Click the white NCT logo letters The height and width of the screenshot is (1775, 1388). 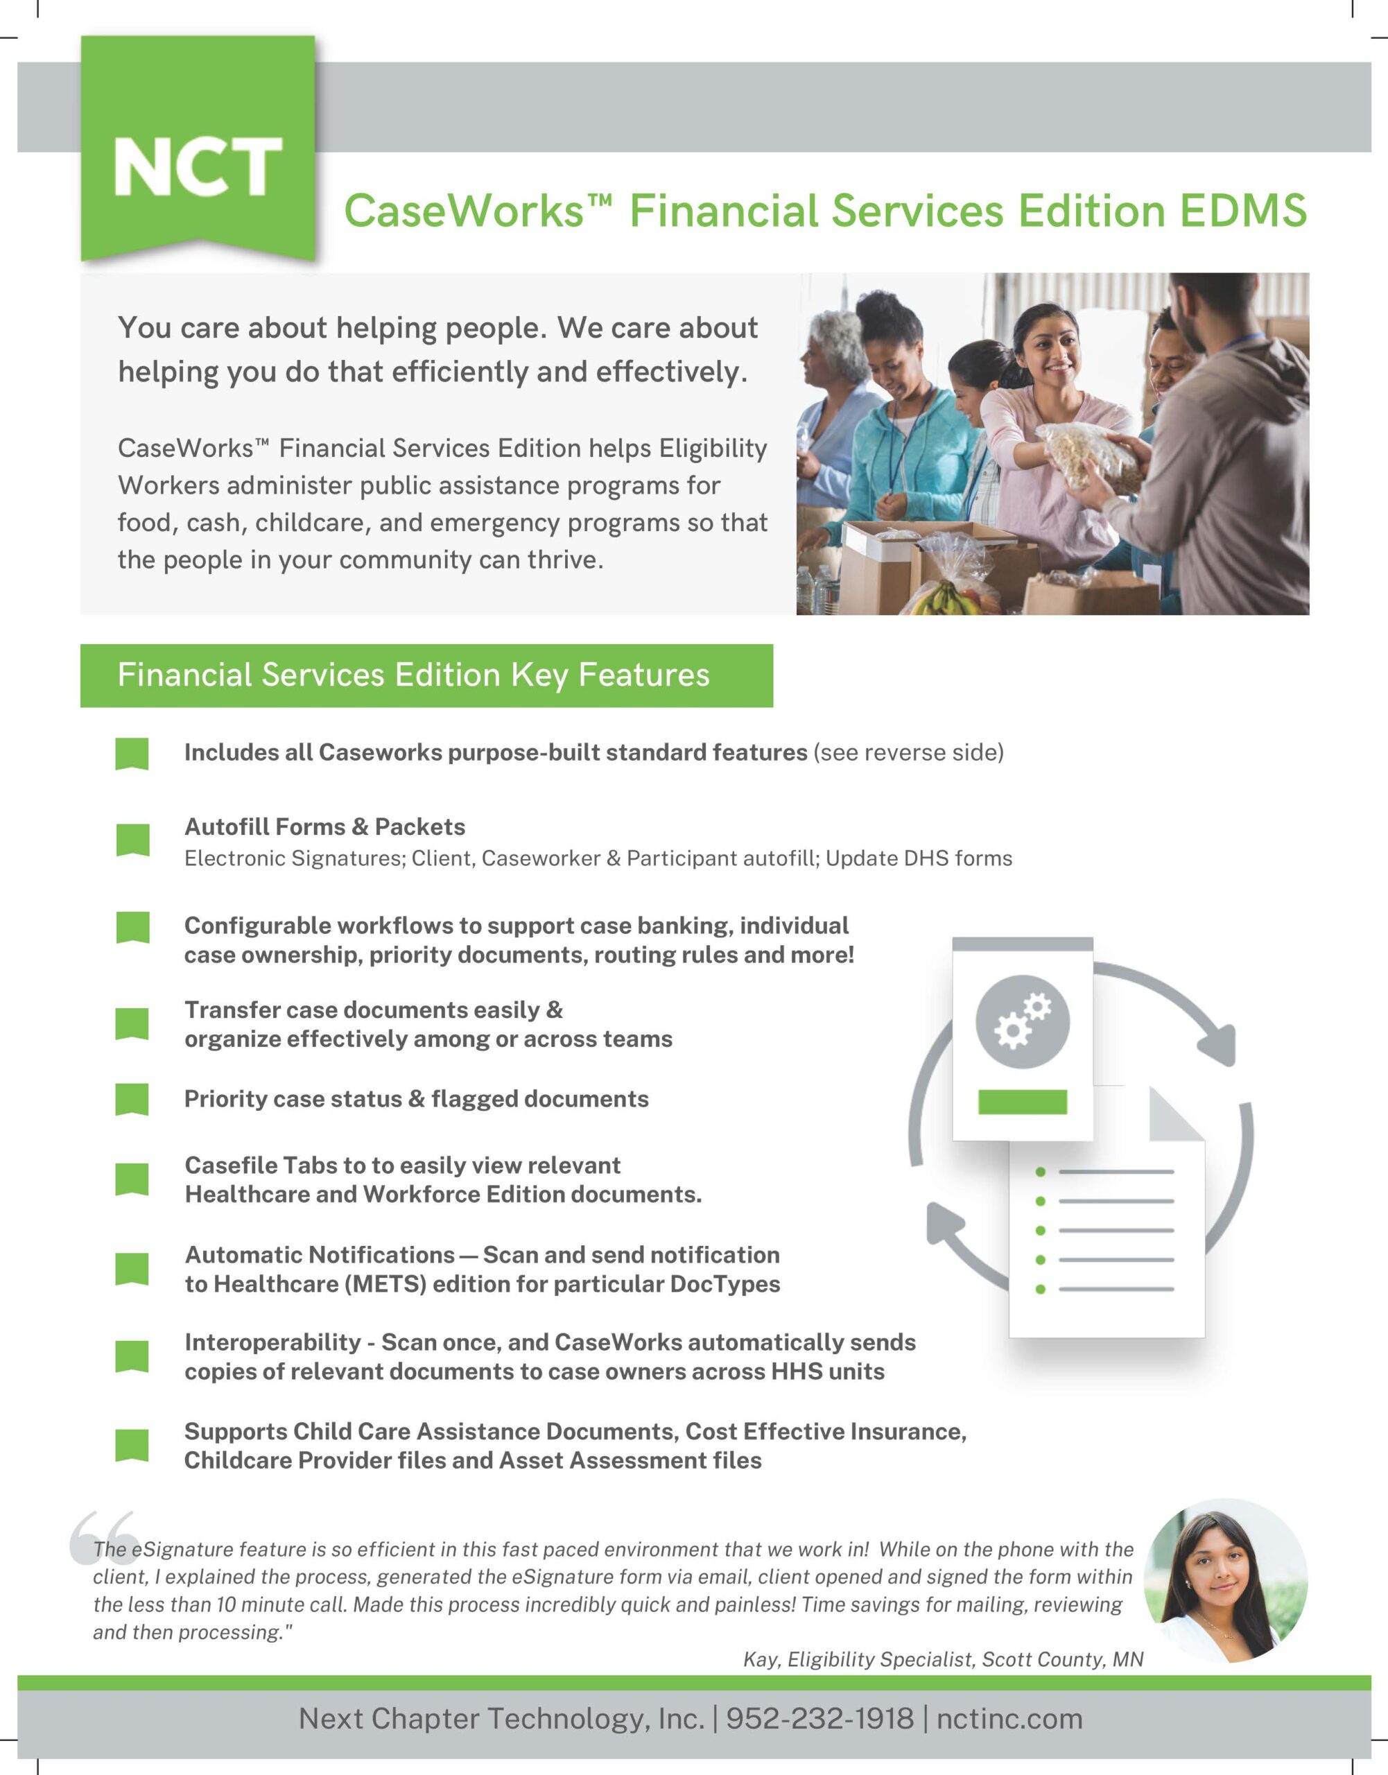click(198, 166)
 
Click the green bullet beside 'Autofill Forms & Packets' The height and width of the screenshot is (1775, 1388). click(132, 840)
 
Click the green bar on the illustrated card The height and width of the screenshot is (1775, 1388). click(1023, 1101)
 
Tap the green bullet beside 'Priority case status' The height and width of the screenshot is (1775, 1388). click(132, 1099)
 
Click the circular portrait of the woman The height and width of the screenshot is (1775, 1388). click(1226, 1580)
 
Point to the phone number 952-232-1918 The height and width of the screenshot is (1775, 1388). click(819, 1718)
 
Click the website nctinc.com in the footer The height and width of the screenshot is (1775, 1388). click(1009, 1718)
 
